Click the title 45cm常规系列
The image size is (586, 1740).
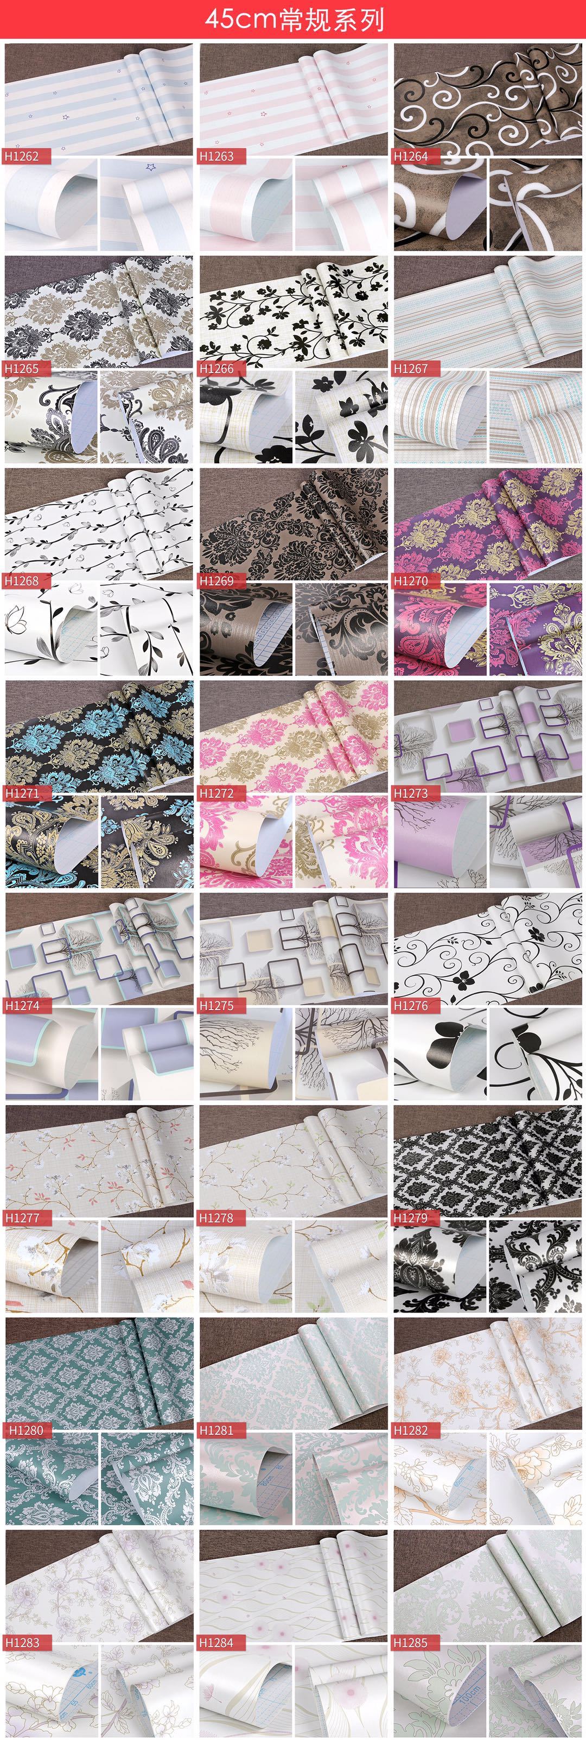click(x=294, y=20)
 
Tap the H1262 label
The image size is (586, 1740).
click(x=22, y=156)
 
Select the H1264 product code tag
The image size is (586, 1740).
click(x=410, y=156)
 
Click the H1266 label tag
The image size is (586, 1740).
click(x=216, y=368)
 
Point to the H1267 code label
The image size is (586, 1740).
click(x=410, y=368)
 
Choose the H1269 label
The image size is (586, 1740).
click(x=216, y=580)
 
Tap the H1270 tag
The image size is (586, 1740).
click(x=410, y=580)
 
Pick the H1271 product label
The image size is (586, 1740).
click(x=22, y=793)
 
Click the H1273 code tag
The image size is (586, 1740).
click(x=410, y=793)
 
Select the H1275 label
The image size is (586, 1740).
click(x=216, y=1005)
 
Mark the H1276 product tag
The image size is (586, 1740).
click(x=410, y=1005)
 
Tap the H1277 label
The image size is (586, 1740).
click(x=22, y=1217)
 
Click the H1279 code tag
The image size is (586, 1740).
click(x=410, y=1217)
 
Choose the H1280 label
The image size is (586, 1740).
click(x=24, y=1430)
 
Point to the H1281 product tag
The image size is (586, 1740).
click(x=216, y=1430)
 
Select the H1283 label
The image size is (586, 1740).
click(x=22, y=1642)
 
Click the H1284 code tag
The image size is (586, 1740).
click(x=216, y=1642)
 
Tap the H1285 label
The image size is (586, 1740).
click(x=410, y=1642)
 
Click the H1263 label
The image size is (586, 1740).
click(x=216, y=156)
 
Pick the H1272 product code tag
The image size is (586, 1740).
click(x=216, y=793)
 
